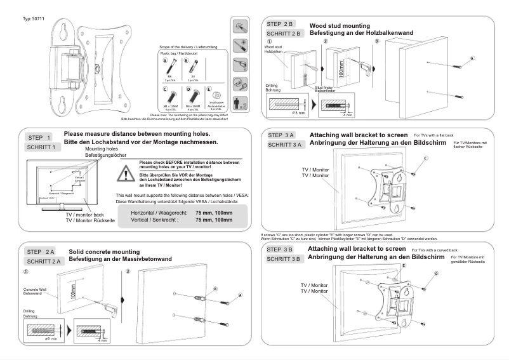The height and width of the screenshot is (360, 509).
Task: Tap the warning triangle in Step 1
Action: [129, 172]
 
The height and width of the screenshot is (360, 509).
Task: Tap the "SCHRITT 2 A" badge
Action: [43, 261]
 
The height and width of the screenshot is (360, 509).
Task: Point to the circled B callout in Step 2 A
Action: [215, 288]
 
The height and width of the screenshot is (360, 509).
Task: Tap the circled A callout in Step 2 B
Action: [472, 58]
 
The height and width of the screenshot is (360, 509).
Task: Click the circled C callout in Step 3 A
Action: [426, 157]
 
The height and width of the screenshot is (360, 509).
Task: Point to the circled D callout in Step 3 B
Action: [436, 273]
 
